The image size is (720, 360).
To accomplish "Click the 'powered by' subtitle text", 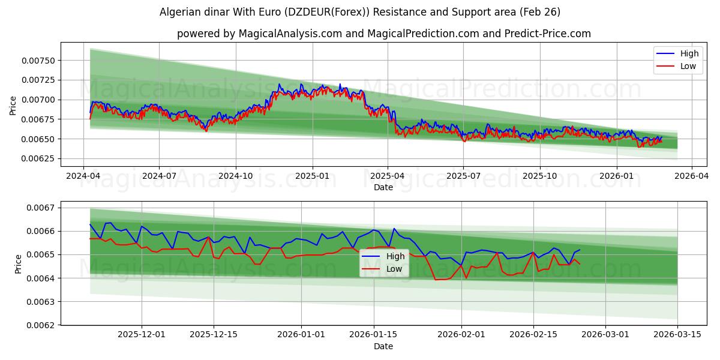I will pos(383,34).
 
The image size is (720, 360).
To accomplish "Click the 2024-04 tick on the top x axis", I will pos(83,176).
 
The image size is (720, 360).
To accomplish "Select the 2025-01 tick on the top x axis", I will pos(312,176).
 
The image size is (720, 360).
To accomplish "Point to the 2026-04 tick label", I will pos(692,176).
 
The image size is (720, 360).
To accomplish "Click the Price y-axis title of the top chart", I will pos(13,105).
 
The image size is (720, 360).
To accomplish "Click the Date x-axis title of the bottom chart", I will pos(383,346).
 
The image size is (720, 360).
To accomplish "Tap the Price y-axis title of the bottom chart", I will pos(19,264).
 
